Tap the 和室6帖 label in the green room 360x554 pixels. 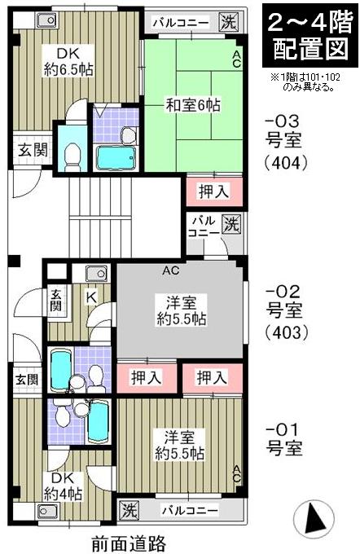pyautogui.click(x=193, y=105)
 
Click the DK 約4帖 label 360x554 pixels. pyautogui.click(x=64, y=486)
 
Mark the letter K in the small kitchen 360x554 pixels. pyautogui.click(x=92, y=297)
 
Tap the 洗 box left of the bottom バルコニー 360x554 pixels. pyautogui.click(x=129, y=511)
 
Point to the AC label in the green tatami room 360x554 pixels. pyautogui.click(x=235, y=58)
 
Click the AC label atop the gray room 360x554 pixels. pyautogui.click(x=171, y=270)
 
